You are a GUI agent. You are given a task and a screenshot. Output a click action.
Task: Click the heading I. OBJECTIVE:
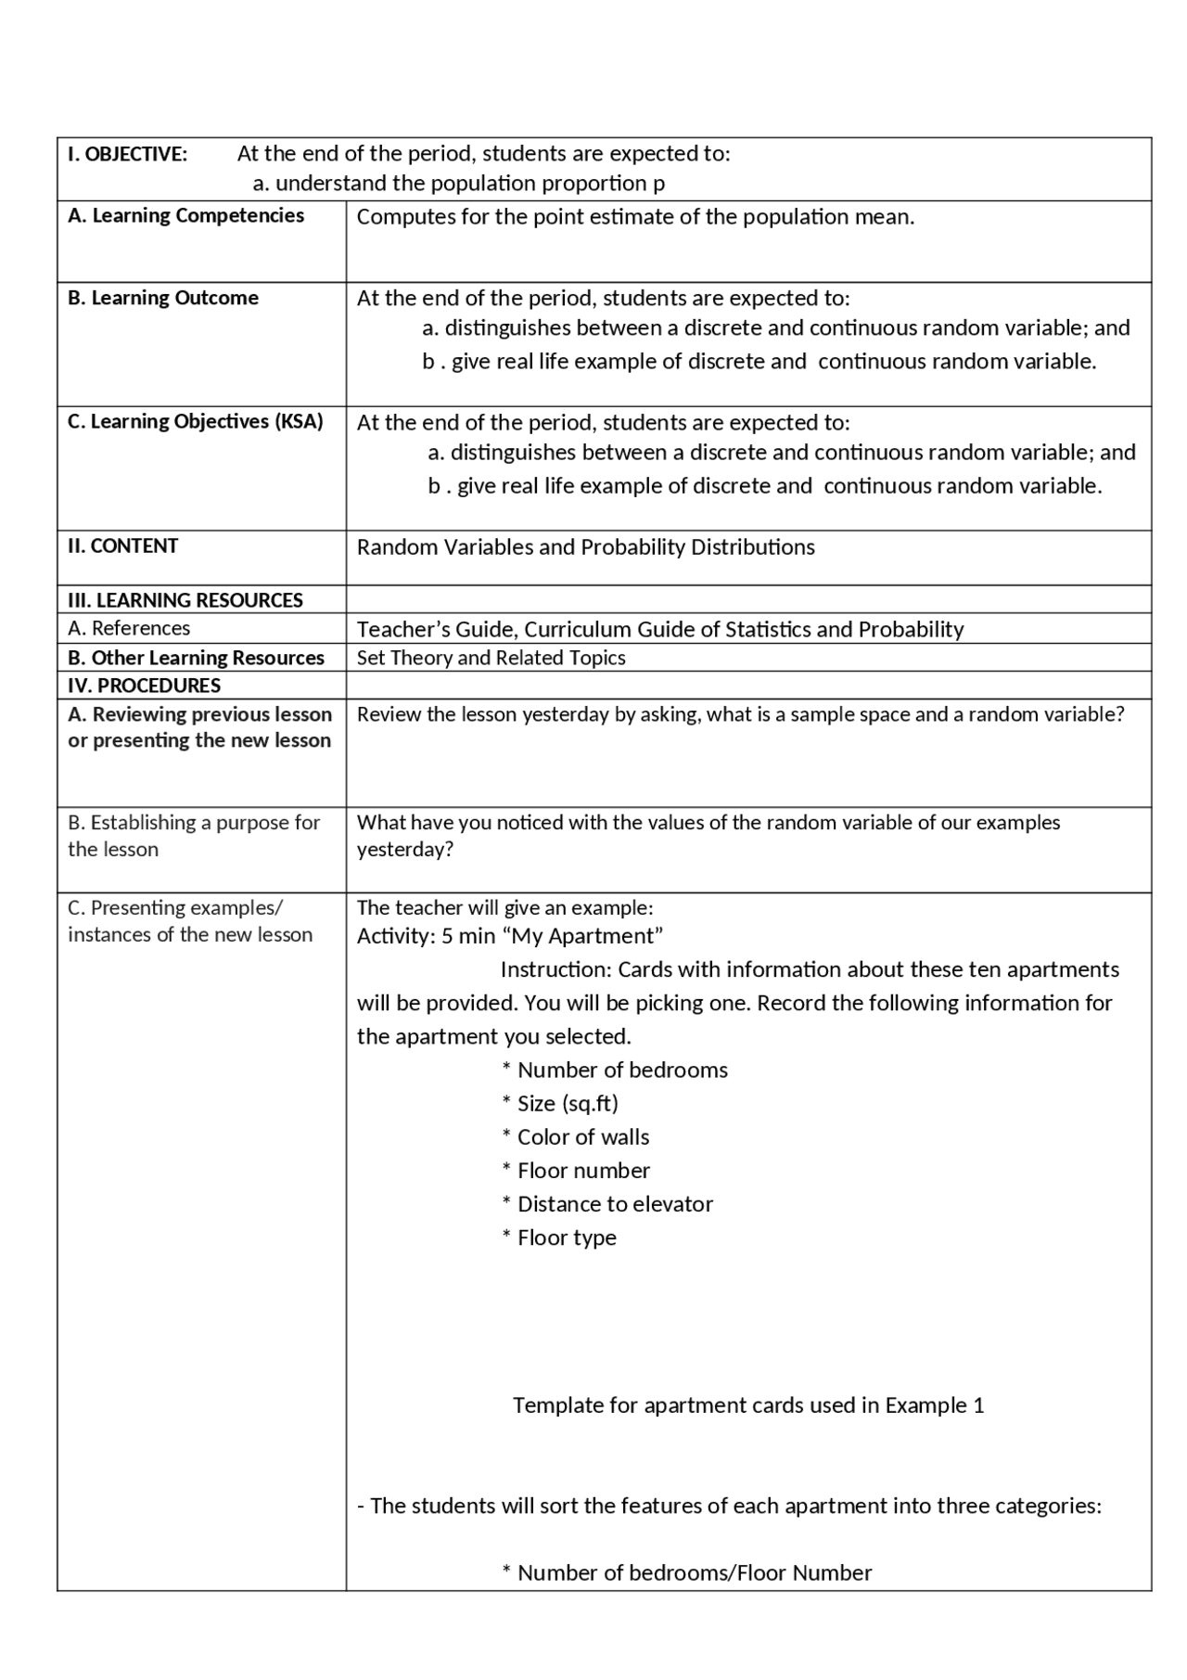127,154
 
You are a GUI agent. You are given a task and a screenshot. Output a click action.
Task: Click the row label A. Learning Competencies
185,215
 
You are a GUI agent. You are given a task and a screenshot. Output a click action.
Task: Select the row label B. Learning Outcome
163,298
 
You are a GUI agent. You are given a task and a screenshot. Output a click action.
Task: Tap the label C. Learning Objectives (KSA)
196,421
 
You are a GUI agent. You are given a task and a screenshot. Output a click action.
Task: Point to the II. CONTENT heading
122,545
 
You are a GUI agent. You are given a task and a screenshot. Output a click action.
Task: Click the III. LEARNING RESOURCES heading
185,600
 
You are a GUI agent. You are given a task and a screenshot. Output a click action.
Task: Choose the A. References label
129,628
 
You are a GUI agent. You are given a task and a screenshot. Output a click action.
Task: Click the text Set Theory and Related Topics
491,658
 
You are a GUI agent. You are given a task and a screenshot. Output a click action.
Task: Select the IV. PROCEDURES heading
145,686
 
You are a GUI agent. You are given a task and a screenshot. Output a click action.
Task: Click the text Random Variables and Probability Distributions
585,547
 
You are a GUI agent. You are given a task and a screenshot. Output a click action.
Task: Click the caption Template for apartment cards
747,1405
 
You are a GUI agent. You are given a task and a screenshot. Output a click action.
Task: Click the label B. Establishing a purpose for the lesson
193,835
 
